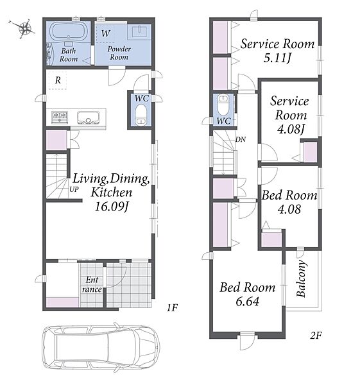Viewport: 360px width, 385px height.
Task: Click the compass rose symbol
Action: (24, 28)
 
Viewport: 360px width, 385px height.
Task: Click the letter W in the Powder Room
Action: (106, 33)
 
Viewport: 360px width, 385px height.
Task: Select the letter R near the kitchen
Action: (58, 80)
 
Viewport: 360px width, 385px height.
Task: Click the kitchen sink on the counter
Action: (89, 117)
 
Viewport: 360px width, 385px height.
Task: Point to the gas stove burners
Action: (60, 117)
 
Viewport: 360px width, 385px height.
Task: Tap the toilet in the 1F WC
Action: (141, 115)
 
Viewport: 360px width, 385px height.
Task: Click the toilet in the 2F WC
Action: (223, 105)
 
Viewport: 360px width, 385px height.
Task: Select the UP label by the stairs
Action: (74, 189)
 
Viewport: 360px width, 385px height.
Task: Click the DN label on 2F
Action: (241, 139)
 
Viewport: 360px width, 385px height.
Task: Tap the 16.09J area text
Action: (112, 207)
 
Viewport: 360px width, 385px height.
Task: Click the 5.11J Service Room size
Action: (277, 58)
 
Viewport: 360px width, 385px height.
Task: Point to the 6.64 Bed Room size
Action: (247, 302)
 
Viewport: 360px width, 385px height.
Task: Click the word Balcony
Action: (302, 278)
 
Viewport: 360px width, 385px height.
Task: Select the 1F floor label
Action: (172, 307)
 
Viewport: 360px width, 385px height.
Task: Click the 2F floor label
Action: (316, 335)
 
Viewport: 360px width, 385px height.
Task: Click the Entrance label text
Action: (92, 284)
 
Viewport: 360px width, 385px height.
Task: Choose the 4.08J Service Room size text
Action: (291, 129)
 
